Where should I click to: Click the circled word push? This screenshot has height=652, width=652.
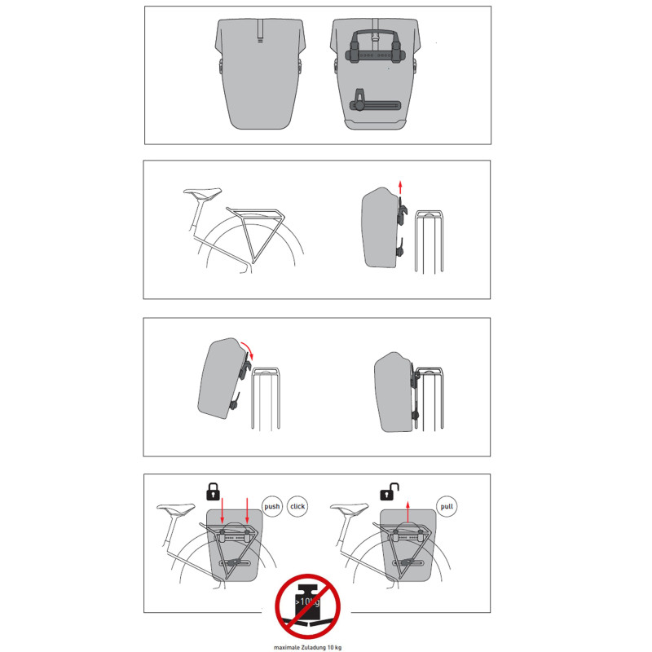(x=272, y=506)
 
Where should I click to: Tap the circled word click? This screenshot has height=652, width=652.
(x=297, y=506)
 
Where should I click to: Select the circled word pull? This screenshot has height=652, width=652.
(x=447, y=506)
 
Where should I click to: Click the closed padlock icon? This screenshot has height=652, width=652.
(x=213, y=491)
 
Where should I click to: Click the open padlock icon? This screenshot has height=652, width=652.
(x=390, y=491)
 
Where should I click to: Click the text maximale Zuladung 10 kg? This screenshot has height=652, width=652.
(x=308, y=647)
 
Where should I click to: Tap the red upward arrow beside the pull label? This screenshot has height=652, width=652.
(x=408, y=512)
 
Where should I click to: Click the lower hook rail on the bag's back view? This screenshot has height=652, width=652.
(x=375, y=105)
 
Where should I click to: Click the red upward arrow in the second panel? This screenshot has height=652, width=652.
(x=400, y=187)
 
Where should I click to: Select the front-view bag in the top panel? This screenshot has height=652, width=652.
(x=260, y=73)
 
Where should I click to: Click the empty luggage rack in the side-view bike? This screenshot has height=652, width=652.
(x=256, y=233)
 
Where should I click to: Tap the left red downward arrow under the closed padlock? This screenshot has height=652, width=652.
(x=222, y=510)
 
